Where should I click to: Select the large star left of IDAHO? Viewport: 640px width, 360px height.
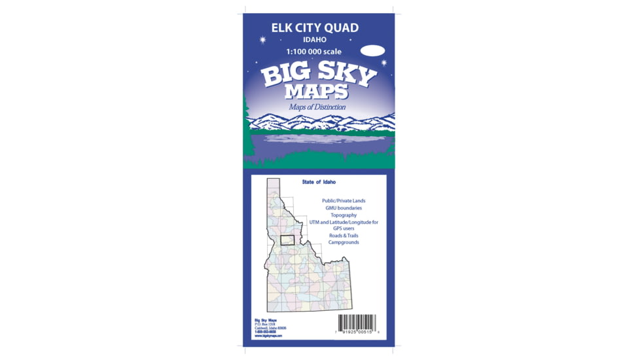coord(262,40)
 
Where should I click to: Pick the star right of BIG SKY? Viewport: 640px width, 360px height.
coord(383,63)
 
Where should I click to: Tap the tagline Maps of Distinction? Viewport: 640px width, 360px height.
coord(317,107)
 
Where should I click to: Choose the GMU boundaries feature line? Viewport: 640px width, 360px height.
coord(344,207)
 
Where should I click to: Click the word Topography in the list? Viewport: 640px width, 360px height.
coord(344,215)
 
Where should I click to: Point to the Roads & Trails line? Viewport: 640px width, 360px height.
coord(344,236)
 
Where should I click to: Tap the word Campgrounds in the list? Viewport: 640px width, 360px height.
coord(344,242)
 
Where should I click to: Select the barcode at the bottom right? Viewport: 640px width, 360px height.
coord(357,323)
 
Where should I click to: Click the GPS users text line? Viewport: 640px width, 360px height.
coord(344,228)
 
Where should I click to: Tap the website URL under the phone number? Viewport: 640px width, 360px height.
coord(268,335)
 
